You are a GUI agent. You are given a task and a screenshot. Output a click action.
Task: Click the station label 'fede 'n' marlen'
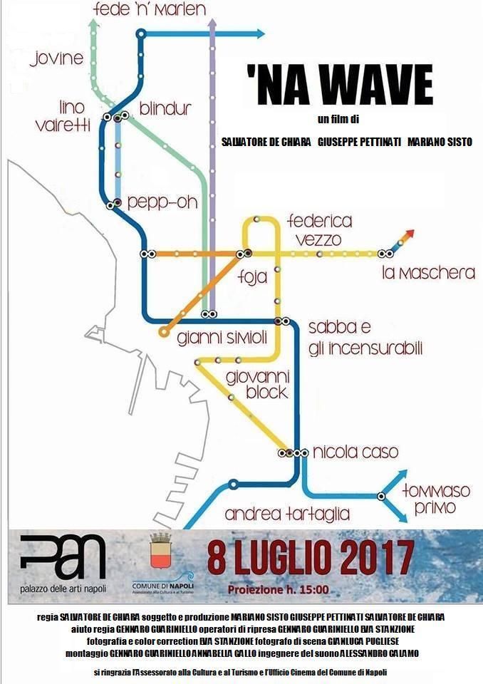pyautogui.click(x=150, y=10)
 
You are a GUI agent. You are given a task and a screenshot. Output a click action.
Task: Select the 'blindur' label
pyautogui.click(x=165, y=108)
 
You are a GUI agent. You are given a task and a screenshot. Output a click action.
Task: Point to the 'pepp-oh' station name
pyautogui.click(x=162, y=202)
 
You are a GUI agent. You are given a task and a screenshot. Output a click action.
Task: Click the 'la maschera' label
pyautogui.click(x=428, y=273)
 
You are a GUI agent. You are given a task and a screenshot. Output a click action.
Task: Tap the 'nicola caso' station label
pyautogui.click(x=346, y=452)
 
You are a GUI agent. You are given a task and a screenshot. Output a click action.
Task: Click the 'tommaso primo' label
pyautogui.click(x=437, y=498)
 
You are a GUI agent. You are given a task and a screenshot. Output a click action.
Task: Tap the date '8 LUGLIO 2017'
pyautogui.click(x=311, y=556)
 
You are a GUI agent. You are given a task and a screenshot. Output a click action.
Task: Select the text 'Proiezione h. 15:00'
pyautogui.click(x=279, y=590)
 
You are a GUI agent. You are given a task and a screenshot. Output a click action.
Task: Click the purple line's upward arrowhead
pyautogui.click(x=212, y=24)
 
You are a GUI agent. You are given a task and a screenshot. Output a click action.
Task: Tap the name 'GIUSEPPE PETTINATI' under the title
pyautogui.click(x=359, y=142)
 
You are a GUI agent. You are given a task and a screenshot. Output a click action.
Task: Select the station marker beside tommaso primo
pyautogui.click(x=381, y=496)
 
